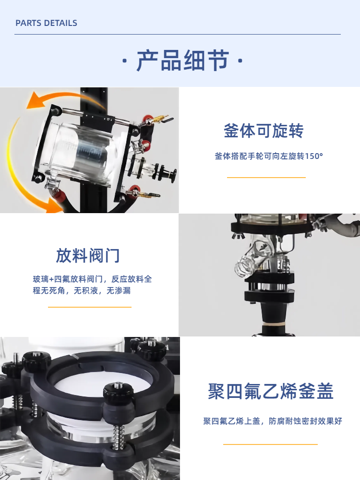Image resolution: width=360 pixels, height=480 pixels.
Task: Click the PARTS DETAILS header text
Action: pyautogui.click(x=46, y=23)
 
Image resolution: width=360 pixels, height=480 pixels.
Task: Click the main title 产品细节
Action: pyautogui.click(x=183, y=60)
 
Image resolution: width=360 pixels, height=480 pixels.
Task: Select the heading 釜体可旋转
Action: pyautogui.click(x=264, y=131)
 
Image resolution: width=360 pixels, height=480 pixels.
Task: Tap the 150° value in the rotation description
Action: pyautogui.click(x=314, y=156)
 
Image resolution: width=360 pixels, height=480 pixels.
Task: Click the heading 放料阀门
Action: pyautogui.click(x=88, y=256)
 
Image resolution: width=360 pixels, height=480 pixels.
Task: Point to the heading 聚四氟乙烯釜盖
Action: pyautogui.click(x=271, y=391)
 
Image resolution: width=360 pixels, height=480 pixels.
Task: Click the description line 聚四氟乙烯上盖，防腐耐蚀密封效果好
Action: pyautogui.click(x=273, y=421)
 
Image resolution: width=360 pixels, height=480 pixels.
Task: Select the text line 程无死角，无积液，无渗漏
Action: pyautogui.click(x=82, y=290)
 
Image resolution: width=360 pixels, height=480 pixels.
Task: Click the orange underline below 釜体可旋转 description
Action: pyautogui.click(x=266, y=177)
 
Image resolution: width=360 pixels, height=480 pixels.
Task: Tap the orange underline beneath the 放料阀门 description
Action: pyautogui.click(x=90, y=307)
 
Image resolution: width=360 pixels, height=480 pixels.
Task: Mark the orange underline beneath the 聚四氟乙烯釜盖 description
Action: pyautogui.click(x=270, y=444)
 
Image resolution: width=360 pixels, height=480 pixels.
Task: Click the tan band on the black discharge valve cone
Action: pyautogui.click(x=274, y=323)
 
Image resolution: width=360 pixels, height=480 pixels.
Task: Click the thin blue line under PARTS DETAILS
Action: pyautogui.click(x=178, y=34)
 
